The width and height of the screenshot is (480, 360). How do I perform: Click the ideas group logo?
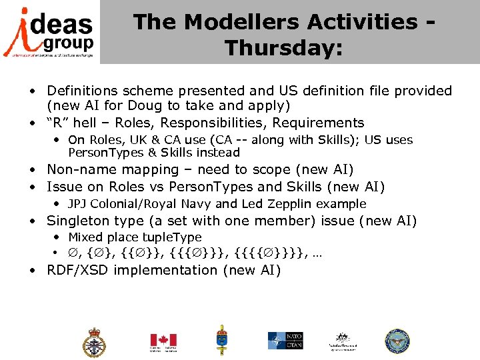tap(49, 31)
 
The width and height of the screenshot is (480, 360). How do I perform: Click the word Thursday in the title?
tap(283, 48)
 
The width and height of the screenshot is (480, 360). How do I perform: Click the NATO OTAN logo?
tap(285, 341)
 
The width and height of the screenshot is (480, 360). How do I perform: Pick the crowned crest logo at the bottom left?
tap(93, 342)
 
